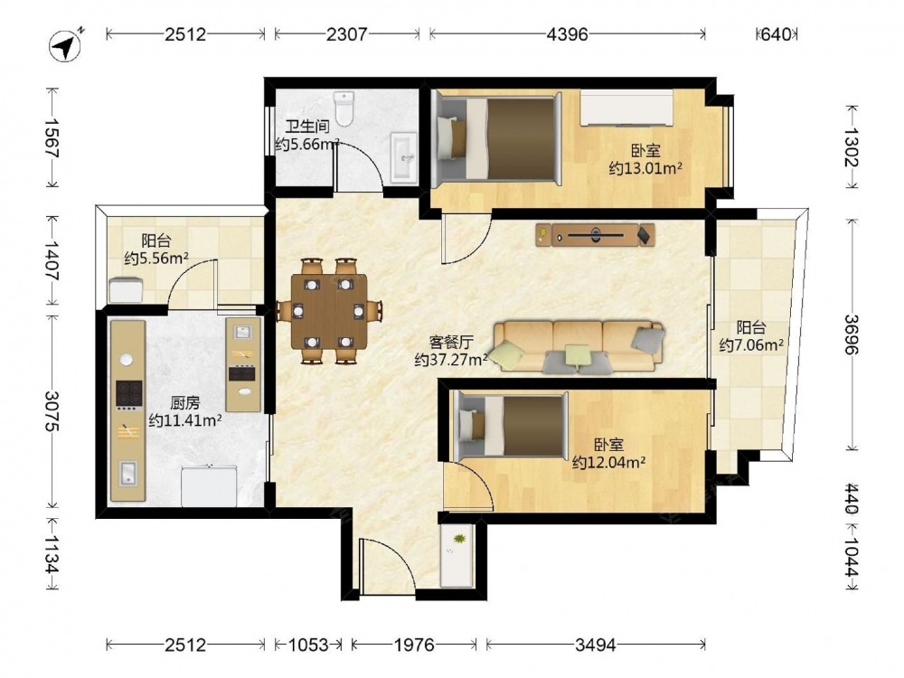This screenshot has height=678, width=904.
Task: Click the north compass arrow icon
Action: [64, 45]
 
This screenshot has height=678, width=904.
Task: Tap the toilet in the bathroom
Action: [344, 108]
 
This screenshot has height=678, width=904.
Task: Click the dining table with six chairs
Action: [329, 311]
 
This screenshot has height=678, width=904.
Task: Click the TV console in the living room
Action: [595, 235]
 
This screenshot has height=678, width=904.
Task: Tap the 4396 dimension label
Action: [568, 34]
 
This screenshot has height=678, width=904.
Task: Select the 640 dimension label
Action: [776, 34]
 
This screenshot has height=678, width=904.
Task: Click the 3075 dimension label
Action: [52, 411]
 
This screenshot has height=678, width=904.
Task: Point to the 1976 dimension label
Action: [414, 644]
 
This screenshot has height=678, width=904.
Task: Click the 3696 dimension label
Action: [852, 334]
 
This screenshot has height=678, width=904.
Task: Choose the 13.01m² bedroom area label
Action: [645, 168]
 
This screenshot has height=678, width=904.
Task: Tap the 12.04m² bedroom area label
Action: [608, 462]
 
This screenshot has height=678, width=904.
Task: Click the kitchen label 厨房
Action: [185, 402]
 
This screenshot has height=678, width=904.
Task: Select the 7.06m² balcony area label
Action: [751, 344]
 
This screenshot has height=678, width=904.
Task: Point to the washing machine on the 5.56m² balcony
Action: [127, 289]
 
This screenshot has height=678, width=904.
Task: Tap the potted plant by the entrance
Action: [459, 539]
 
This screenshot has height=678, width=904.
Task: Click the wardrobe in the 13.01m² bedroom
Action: [626, 108]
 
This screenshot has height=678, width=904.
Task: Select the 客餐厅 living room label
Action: [451, 343]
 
